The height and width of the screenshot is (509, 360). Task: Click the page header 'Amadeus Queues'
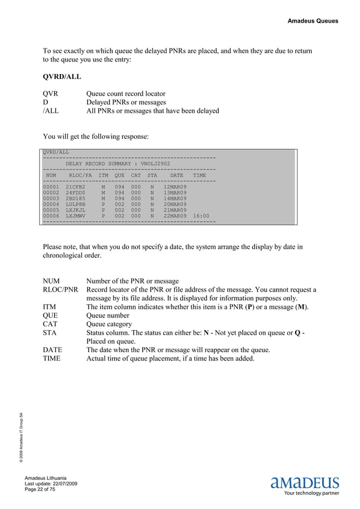pyautogui.click(x=313, y=21)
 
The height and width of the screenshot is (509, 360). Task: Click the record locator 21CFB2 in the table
pyautogui.click(x=76, y=186)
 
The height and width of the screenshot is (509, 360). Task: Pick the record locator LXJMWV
pyautogui.click(x=76, y=216)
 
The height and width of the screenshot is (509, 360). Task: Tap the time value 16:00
pyautogui.click(x=201, y=216)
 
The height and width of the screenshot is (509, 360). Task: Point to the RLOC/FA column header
pyautogui.click(x=80, y=176)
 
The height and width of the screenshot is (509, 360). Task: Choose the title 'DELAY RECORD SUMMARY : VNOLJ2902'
pyautogui.click(x=118, y=164)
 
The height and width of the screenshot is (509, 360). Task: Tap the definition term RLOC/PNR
pyautogui.click(x=60, y=289)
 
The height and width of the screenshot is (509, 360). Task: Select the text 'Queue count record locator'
pyautogui.click(x=125, y=94)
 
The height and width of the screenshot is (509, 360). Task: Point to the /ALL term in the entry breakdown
pyautogui.click(x=51, y=111)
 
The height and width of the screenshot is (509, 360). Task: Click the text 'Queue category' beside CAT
pyautogui.click(x=108, y=324)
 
